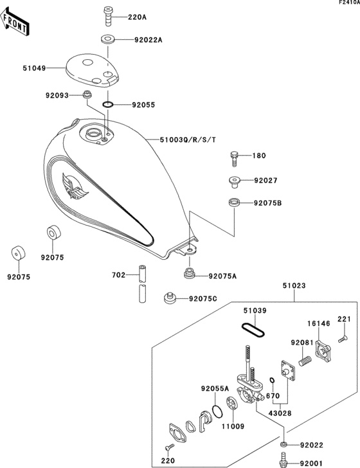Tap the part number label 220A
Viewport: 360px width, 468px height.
click(x=137, y=17)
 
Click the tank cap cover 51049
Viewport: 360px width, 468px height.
click(x=93, y=70)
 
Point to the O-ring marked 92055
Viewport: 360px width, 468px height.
click(x=108, y=104)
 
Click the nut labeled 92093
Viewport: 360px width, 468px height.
click(x=86, y=96)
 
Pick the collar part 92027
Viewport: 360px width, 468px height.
click(x=235, y=181)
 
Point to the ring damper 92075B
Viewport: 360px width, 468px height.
click(x=235, y=204)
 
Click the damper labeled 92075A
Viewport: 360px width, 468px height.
click(x=190, y=274)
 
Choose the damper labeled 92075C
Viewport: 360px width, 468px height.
click(x=170, y=299)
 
